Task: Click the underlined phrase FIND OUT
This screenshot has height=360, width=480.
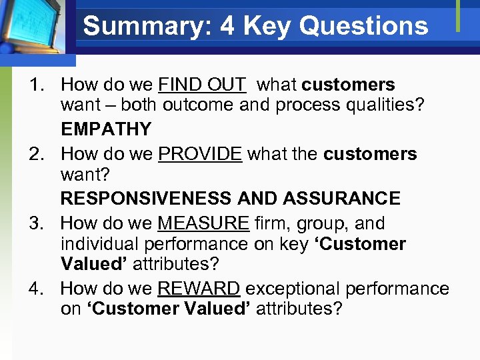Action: pyautogui.click(x=202, y=85)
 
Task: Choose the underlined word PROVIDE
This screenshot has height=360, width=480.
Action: pyautogui.click(x=200, y=154)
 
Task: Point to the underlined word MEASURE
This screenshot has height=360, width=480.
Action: pyautogui.click(x=203, y=223)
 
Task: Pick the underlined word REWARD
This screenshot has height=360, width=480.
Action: pyautogui.click(x=199, y=289)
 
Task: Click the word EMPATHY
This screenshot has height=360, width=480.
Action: pyautogui.click(x=106, y=129)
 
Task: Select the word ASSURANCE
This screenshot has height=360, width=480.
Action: pyautogui.click(x=341, y=198)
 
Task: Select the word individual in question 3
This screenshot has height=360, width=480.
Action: pyautogui.click(x=99, y=244)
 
